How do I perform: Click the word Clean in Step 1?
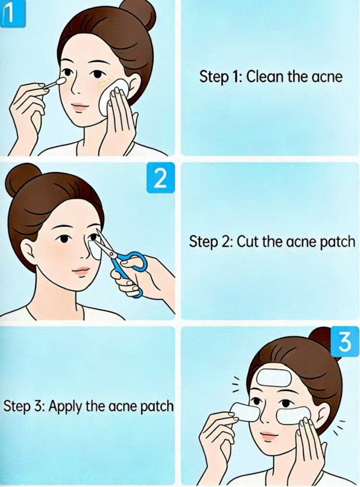tap(262, 77)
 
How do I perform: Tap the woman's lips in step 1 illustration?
tap(79, 107)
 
